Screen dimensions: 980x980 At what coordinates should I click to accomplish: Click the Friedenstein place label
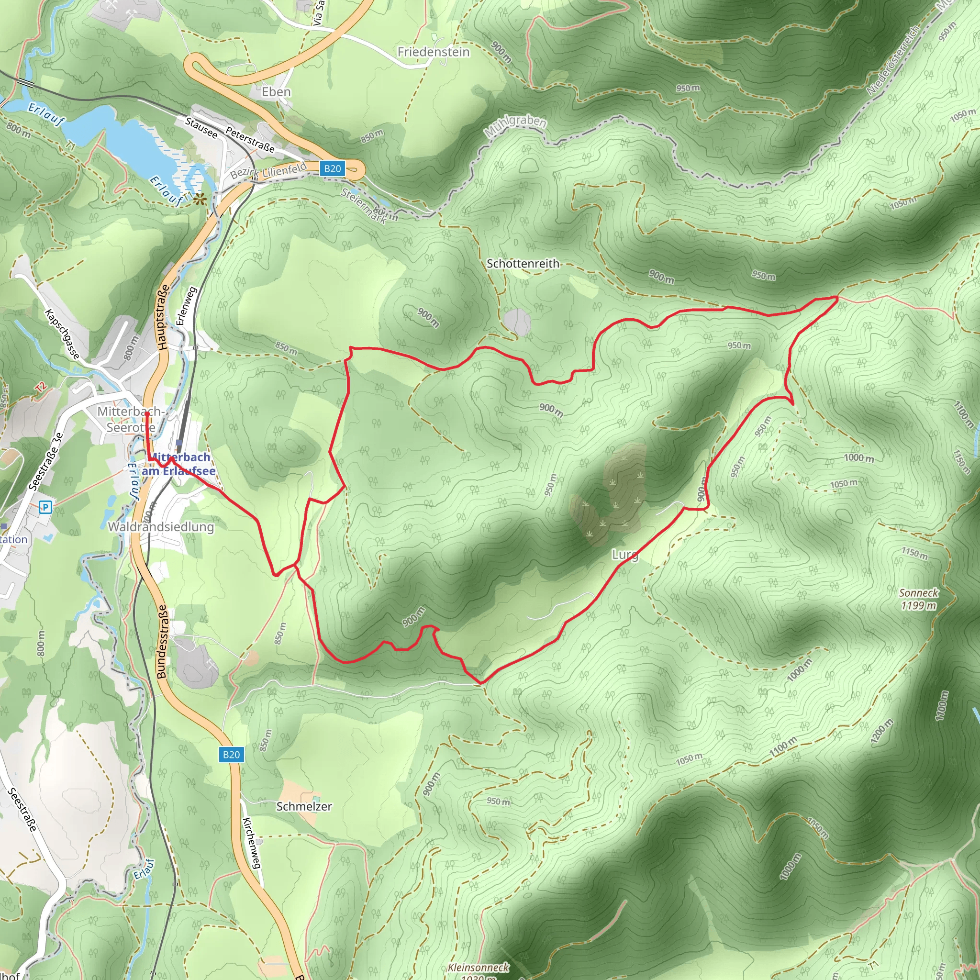433,52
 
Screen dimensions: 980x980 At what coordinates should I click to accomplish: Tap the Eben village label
277,92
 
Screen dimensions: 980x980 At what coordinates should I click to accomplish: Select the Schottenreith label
523,264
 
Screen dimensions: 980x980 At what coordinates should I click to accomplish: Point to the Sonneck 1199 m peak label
919,599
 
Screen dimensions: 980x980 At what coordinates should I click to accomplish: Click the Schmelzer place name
304,806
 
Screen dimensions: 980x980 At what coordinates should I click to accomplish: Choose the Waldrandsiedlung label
161,526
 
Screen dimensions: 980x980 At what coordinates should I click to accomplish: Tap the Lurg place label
624,555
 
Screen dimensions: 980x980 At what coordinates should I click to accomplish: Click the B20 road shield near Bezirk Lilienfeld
332,169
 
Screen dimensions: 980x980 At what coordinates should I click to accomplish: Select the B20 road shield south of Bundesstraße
231,755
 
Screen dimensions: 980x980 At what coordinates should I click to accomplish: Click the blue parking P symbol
45,507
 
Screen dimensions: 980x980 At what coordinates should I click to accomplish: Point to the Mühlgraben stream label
515,126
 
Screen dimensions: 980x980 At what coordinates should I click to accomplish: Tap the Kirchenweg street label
252,843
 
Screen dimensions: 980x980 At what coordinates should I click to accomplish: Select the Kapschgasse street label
62,334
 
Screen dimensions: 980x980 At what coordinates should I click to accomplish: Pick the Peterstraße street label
250,140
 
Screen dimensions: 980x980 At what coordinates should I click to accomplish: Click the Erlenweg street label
186,306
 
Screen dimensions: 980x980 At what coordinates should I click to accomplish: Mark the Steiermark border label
364,206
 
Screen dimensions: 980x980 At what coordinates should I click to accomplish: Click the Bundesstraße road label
162,642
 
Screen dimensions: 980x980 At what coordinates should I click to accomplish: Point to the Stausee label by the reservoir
201,128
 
